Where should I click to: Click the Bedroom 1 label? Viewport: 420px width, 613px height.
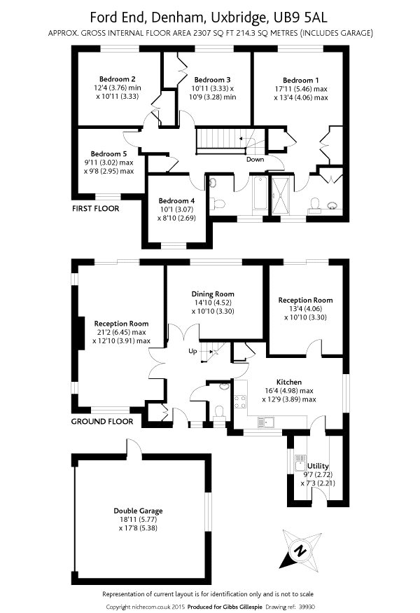pyautogui.click(x=301, y=80)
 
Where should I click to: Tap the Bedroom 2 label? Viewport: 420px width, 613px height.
pyautogui.click(x=117, y=78)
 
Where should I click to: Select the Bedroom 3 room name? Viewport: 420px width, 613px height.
pyautogui.click(x=212, y=79)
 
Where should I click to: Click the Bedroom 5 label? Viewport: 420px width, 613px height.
pyautogui.click(x=109, y=153)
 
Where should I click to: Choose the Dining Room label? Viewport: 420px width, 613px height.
pyautogui.click(x=213, y=294)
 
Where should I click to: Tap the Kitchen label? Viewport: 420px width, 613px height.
pyautogui.click(x=288, y=382)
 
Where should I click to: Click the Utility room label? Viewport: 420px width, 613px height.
pyautogui.click(x=318, y=466)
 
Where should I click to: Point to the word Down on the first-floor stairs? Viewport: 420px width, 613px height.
pyautogui.click(x=255, y=159)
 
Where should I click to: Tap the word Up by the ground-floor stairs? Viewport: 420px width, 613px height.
pyautogui.click(x=192, y=351)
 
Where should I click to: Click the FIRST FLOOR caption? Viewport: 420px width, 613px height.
pyautogui.click(x=96, y=209)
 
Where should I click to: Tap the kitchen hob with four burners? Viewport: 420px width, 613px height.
pyautogui.click(x=241, y=401)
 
